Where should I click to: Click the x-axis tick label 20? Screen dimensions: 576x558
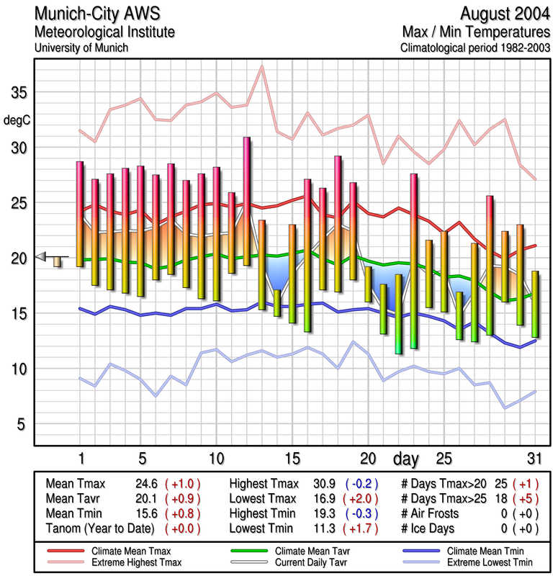[368, 458]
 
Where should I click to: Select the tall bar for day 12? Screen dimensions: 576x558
[246, 201]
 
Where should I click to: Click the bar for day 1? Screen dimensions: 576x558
[80, 214]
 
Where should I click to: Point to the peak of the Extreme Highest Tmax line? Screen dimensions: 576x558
[262, 66]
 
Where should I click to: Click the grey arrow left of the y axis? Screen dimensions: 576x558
[41, 256]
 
